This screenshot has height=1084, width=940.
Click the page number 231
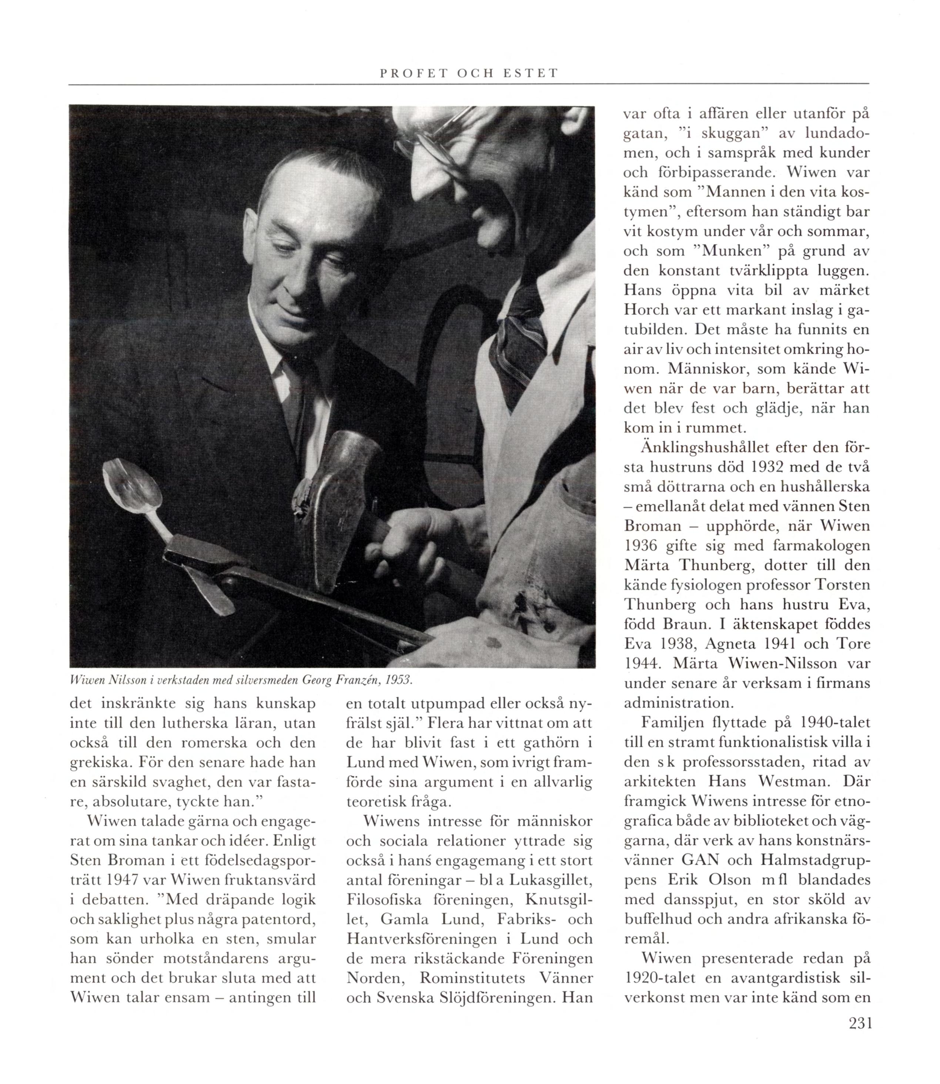pyautogui.click(x=860, y=1023)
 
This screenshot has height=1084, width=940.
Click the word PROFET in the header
pyautogui.click(x=410, y=73)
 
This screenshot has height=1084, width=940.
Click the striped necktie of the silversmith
pyautogui.click(x=517, y=341)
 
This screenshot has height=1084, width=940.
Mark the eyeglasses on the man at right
pyautogui.click(x=430, y=136)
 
